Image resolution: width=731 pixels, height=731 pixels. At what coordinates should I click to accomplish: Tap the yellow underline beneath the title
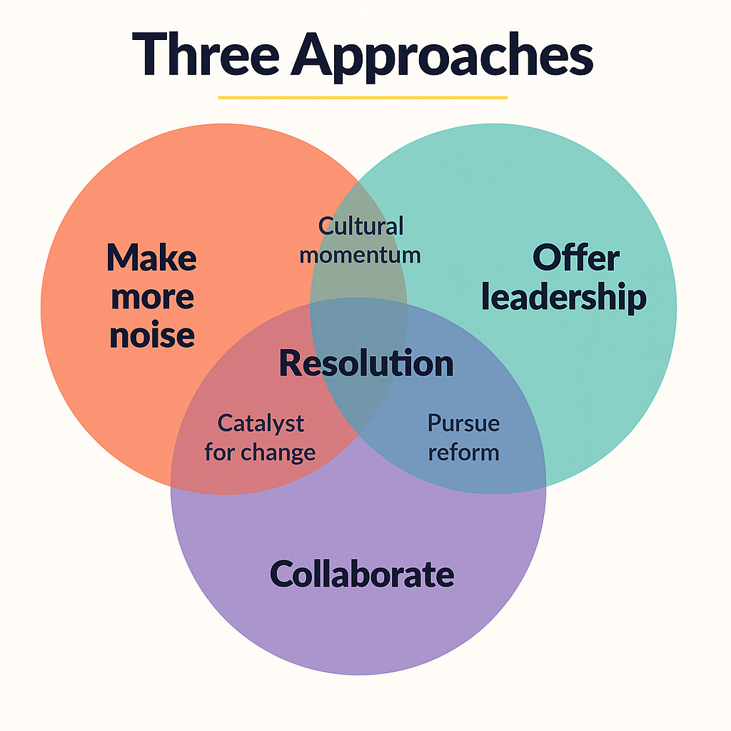(x=362, y=97)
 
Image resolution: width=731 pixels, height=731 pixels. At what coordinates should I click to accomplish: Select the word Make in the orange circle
(x=151, y=257)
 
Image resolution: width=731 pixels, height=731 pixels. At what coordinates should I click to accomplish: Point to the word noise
(x=152, y=334)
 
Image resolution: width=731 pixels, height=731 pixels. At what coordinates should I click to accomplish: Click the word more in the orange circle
(x=152, y=296)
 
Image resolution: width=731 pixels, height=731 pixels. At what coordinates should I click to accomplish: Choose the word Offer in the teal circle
(x=576, y=257)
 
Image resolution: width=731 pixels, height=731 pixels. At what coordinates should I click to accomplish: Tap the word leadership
(x=563, y=297)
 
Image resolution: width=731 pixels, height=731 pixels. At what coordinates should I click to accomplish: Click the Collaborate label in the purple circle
(x=362, y=574)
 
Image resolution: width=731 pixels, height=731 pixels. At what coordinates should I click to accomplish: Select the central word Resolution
(x=365, y=363)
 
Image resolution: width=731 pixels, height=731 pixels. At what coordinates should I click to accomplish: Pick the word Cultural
(x=361, y=226)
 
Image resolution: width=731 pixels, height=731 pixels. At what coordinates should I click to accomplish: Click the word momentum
(x=360, y=255)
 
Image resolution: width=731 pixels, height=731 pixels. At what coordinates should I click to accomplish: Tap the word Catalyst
(x=261, y=423)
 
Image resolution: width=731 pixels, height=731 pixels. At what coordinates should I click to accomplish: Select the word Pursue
(x=463, y=423)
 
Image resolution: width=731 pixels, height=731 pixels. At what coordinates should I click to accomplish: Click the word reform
(x=463, y=452)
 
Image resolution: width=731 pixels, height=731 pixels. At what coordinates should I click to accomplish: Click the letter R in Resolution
(x=288, y=363)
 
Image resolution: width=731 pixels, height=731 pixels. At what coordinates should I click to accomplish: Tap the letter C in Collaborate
(x=283, y=574)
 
